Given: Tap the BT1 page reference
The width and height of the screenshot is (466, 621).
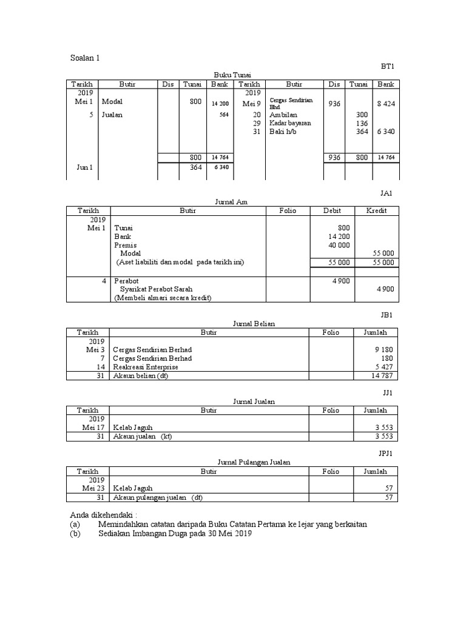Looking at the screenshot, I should [388, 65].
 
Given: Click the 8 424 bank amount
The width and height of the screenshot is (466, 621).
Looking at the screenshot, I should [386, 104].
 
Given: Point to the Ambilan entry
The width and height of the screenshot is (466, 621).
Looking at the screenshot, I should [285, 114].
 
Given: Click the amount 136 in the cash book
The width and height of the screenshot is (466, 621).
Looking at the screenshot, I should [362, 123].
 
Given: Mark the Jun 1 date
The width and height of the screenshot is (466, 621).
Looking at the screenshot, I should [85, 168].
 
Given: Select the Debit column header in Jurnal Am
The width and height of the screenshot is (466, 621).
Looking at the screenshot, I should [332, 210].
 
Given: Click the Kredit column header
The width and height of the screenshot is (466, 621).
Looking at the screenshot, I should [376, 210].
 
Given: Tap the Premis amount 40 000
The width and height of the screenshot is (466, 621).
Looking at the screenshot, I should [339, 245].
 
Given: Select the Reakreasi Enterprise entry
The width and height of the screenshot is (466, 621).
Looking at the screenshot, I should [146, 367].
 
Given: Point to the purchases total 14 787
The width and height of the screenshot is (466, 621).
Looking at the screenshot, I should [383, 376].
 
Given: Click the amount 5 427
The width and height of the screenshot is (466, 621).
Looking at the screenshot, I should [385, 367].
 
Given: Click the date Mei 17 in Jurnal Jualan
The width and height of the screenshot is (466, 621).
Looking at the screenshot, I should [94, 428].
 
